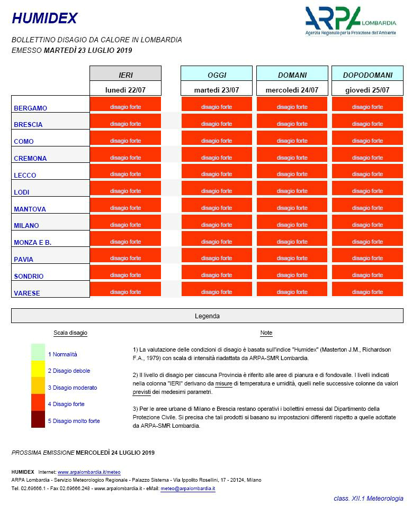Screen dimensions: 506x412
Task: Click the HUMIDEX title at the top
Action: pos(44,19)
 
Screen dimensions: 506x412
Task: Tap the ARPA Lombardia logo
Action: pos(350,21)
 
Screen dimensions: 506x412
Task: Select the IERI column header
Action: pos(126,75)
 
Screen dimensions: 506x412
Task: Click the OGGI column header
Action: pos(217,75)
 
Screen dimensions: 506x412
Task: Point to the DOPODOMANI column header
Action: pos(367,75)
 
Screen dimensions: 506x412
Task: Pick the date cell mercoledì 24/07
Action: pos(292,90)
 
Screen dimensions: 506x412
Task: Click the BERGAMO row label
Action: pos(30,108)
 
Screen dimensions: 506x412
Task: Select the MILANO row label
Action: pos(26,225)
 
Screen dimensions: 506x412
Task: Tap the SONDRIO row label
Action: pos(29,276)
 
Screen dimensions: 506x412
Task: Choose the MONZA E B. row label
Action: pos(32,242)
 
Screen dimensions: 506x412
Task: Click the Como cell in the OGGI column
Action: pos(217,141)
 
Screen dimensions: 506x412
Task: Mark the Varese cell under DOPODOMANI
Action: pos(367,292)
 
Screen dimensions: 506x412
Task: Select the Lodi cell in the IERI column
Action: pos(126,191)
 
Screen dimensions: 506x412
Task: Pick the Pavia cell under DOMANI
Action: pos(292,259)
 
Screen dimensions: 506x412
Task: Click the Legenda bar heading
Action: pos(207,316)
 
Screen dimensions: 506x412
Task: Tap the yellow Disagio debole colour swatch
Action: pos(38,369)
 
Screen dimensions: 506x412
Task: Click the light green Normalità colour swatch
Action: pos(38,352)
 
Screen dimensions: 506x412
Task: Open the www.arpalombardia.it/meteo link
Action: pos(89,472)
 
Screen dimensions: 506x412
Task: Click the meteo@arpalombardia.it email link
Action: pos(187,489)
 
